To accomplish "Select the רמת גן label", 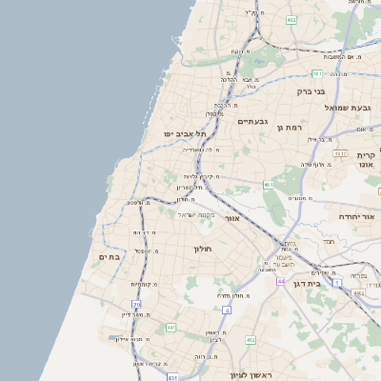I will (288, 127).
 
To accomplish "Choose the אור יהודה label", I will (357, 217).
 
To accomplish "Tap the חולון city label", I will (208, 249).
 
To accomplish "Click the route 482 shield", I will (291, 18).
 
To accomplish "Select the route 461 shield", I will (269, 185).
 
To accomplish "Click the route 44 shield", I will (281, 282).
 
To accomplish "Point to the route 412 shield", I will (250, 339).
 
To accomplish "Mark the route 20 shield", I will (137, 305).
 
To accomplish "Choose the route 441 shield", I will (170, 328).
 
